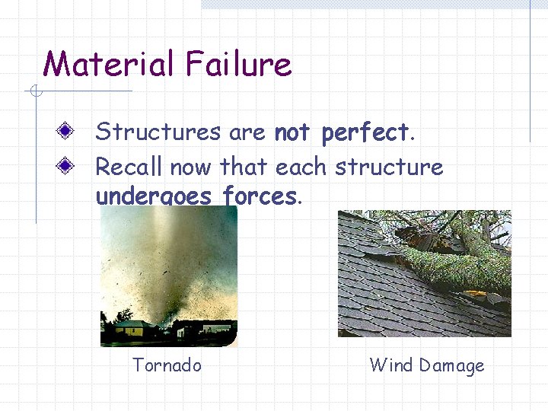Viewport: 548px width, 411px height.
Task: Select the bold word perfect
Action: (x=365, y=133)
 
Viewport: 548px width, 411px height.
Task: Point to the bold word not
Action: (x=292, y=133)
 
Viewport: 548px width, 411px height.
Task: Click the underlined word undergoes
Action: (x=154, y=196)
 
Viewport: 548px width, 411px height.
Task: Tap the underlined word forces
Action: (x=259, y=196)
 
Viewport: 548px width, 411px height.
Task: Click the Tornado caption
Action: (x=167, y=365)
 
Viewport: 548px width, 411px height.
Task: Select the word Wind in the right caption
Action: (x=390, y=365)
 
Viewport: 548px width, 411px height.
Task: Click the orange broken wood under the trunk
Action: (x=475, y=293)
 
